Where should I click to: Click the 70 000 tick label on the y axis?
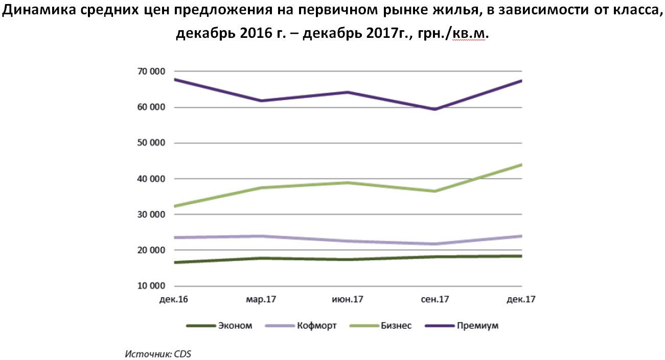point(151,72)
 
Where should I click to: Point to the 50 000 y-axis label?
point(151,143)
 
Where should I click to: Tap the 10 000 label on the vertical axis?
point(151,286)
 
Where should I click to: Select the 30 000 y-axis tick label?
point(151,214)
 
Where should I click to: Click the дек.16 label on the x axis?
point(174,299)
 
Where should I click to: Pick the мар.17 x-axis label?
point(261,300)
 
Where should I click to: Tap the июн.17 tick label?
point(348,299)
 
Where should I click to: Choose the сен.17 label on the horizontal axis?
point(435,299)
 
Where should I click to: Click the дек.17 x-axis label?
point(521,299)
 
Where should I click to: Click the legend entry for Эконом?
point(219,326)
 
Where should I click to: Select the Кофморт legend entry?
point(301,326)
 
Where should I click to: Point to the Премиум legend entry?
point(462,326)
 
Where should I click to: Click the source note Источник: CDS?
point(158,354)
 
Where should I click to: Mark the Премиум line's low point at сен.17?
point(435,109)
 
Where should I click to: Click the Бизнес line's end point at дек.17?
point(521,165)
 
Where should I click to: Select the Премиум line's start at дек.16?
point(175,79)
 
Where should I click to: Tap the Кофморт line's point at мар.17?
point(261,236)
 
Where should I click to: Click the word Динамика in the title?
point(39,10)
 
